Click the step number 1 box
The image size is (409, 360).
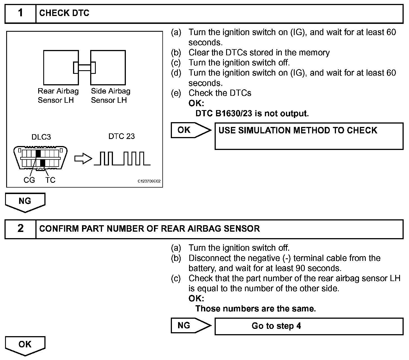[21, 13]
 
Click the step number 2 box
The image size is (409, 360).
[21, 229]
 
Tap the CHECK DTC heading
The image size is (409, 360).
[64, 13]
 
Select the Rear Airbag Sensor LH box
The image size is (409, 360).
[61, 67]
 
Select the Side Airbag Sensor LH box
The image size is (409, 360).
[108, 67]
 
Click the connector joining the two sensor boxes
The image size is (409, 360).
[84, 67]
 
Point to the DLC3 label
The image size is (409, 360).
[41, 137]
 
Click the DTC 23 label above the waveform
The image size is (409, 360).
[121, 136]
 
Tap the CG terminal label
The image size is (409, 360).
[29, 180]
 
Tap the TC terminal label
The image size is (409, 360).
[51, 180]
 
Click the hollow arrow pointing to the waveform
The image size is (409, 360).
[83, 159]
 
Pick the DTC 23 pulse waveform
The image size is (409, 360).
[122, 159]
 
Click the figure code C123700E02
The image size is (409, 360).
[149, 181]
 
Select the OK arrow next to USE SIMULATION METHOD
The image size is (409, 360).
[191, 130]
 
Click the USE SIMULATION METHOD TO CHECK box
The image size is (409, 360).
[309, 136]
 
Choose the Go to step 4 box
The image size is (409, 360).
[309, 326]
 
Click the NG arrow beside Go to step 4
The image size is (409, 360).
[191, 325]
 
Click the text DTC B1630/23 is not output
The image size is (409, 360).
[252, 113]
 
